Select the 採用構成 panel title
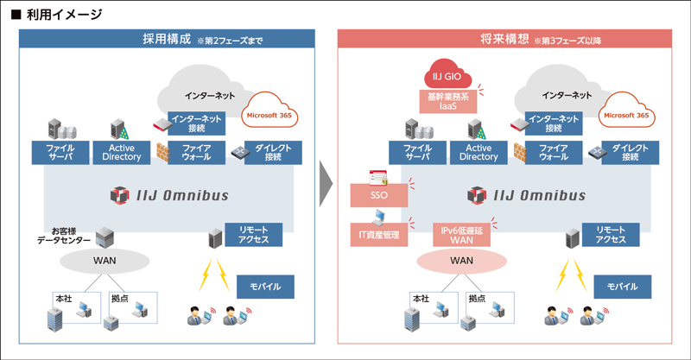click(x=167, y=39)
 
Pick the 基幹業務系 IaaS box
click(x=449, y=101)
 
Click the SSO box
click(x=378, y=195)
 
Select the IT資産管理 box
click(x=378, y=234)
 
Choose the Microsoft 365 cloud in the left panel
click(x=272, y=115)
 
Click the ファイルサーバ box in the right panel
click(x=417, y=152)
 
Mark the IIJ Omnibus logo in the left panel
click(x=170, y=195)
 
